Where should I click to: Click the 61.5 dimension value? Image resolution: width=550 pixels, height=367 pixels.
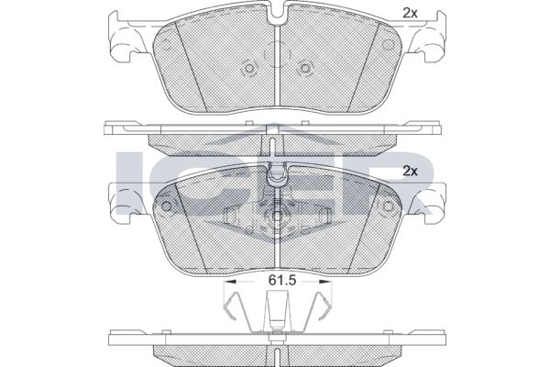tap(282, 280)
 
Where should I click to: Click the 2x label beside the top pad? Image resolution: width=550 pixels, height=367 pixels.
tap(410, 13)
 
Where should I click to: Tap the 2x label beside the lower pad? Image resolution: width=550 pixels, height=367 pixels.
tap(410, 172)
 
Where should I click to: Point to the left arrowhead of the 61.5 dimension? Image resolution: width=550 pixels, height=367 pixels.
tap(230, 281)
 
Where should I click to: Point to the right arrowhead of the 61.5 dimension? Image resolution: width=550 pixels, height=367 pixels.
tap(325, 281)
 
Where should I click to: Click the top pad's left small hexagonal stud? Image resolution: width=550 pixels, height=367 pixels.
tap(248, 68)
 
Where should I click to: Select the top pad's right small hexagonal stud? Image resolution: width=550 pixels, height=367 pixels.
tap(305, 68)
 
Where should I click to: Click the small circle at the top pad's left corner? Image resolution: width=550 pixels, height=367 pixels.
tap(166, 45)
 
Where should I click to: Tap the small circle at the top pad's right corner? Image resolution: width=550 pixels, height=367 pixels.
tap(388, 45)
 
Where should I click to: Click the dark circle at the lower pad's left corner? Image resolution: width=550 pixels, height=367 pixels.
tap(166, 206)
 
